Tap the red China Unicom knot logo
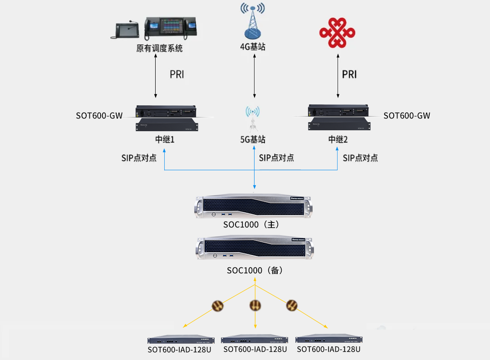point(337,32)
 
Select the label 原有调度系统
point(159,48)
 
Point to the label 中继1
point(165,139)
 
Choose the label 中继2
point(338,139)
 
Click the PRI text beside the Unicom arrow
point(349,74)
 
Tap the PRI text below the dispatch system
point(177,74)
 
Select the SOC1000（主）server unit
point(254,207)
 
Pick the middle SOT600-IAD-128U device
point(255,340)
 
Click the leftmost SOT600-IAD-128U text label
point(180,350)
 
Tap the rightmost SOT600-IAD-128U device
point(329,340)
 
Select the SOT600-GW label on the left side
point(99,116)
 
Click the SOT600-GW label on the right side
point(407,116)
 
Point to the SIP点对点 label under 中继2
point(360,158)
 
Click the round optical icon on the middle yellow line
point(255,306)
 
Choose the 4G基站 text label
point(253,46)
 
